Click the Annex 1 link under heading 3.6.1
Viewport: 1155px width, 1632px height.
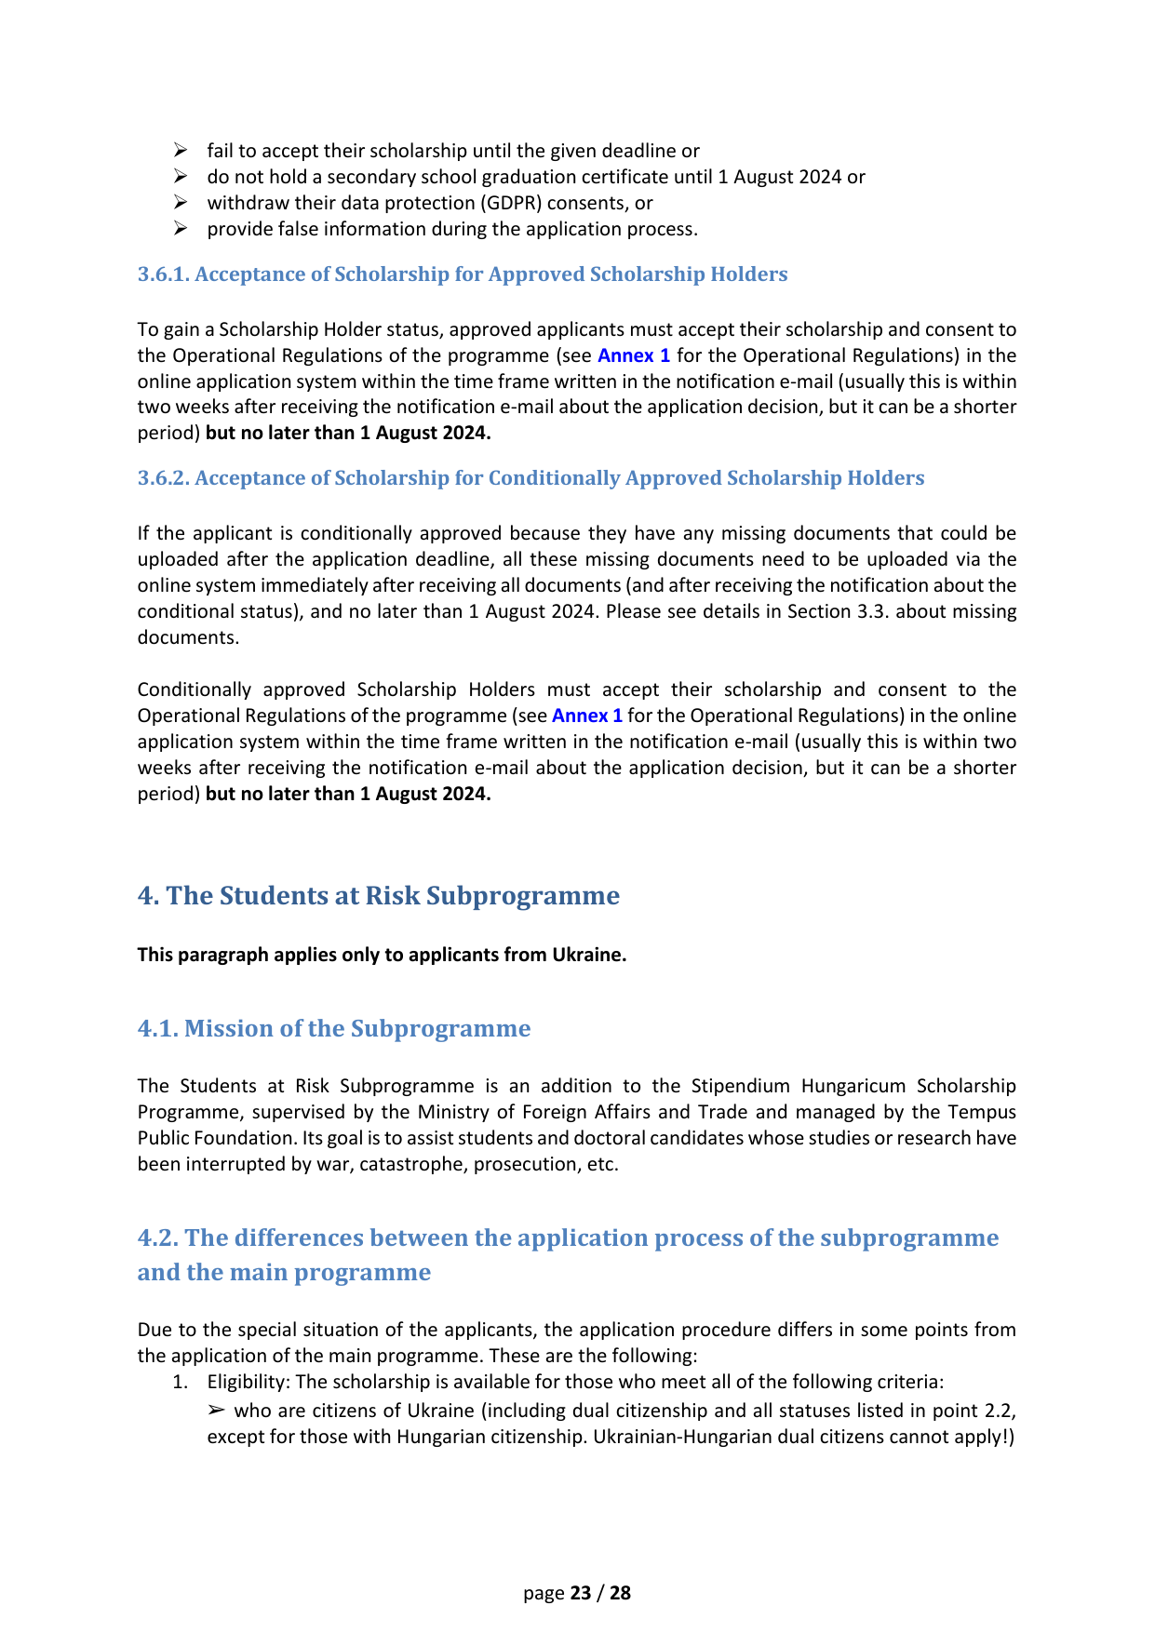click(x=633, y=355)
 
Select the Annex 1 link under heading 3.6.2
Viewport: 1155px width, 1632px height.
click(x=587, y=716)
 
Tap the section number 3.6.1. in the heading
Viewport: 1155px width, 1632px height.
click(x=163, y=274)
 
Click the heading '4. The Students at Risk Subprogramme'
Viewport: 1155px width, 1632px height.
click(x=378, y=895)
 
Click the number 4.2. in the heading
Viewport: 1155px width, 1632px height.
click(x=158, y=1237)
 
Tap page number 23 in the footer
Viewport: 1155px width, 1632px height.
click(x=581, y=1593)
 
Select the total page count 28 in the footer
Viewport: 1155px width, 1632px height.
click(x=620, y=1593)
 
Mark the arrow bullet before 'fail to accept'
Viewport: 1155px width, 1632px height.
click(x=181, y=151)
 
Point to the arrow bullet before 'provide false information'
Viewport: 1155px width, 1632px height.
click(x=181, y=229)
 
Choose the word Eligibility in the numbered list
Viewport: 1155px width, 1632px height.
click(x=248, y=1382)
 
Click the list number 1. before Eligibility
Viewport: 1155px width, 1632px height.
click(x=181, y=1382)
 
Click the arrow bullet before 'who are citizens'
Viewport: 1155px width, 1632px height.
click(x=216, y=1411)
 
